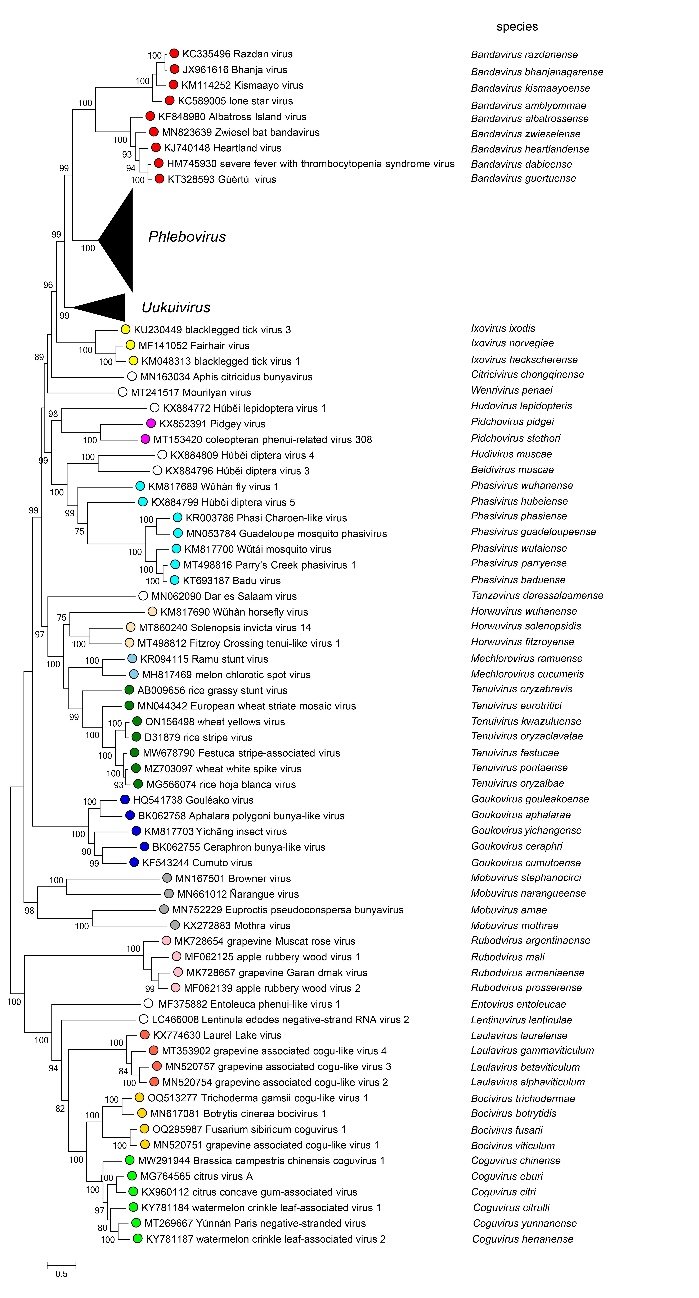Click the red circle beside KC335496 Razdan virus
[x=174, y=53]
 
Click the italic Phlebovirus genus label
[x=187, y=237]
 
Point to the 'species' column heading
[x=517, y=27]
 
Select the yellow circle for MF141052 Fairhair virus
[x=130, y=345]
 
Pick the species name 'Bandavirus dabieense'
[x=521, y=164]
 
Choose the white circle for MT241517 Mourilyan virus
[x=122, y=392]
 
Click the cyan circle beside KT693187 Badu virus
[x=175, y=580]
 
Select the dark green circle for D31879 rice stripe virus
[x=136, y=737]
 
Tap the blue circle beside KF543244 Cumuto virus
[x=134, y=862]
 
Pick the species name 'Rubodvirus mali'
[x=507, y=957]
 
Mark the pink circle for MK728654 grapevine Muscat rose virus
[x=166, y=941]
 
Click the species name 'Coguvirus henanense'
[x=523, y=1239]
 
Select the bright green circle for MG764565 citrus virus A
[x=132, y=1176]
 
